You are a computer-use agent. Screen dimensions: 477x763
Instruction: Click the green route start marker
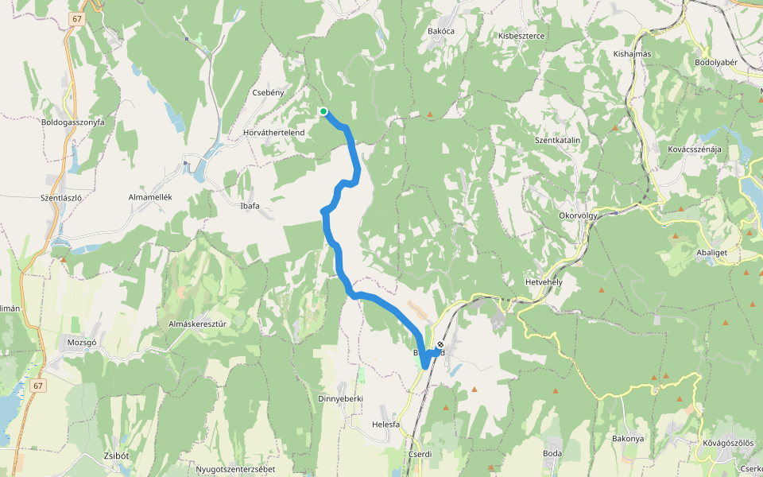point(323,111)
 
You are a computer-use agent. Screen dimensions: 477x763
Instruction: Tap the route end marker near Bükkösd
point(440,345)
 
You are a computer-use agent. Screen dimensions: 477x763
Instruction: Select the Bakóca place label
point(440,31)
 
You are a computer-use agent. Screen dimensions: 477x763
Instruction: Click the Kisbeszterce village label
point(521,36)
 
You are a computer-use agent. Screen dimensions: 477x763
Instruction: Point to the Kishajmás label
point(633,54)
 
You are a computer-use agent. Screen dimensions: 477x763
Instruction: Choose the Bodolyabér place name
point(717,62)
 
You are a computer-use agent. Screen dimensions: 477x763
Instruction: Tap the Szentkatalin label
point(558,141)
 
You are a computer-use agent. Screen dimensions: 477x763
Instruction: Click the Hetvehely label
point(544,282)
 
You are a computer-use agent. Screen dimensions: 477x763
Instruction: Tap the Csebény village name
point(268,93)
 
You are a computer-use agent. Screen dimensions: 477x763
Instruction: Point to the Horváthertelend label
point(275,132)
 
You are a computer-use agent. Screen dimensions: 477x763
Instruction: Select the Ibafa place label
point(250,206)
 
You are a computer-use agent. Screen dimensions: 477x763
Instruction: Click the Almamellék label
point(150,196)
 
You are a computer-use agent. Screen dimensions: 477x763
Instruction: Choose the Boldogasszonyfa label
point(73,122)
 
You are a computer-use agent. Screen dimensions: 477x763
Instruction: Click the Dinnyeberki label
point(340,398)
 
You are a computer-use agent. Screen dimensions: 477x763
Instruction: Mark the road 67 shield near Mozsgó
point(39,386)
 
